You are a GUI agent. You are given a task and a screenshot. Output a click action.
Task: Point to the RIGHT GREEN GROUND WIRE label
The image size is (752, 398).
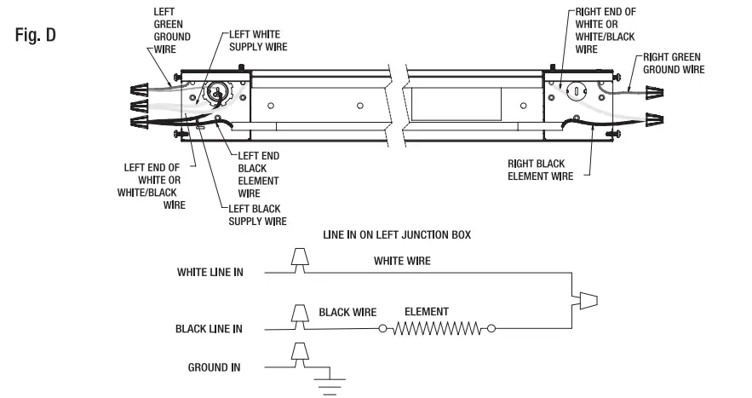673,62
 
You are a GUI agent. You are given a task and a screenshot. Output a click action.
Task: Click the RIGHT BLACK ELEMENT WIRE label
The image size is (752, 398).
539,169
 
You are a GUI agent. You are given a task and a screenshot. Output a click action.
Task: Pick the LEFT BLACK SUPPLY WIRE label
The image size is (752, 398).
258,215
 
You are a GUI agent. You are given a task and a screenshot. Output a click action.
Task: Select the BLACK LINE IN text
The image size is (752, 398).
209,328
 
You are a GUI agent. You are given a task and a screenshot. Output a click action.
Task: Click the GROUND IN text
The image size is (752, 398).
214,367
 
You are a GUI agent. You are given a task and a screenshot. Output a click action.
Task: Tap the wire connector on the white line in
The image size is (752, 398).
299,260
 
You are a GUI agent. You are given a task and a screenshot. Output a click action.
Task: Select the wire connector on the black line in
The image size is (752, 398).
299,314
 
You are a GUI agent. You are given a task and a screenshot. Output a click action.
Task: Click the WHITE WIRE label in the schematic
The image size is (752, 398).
402,262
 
